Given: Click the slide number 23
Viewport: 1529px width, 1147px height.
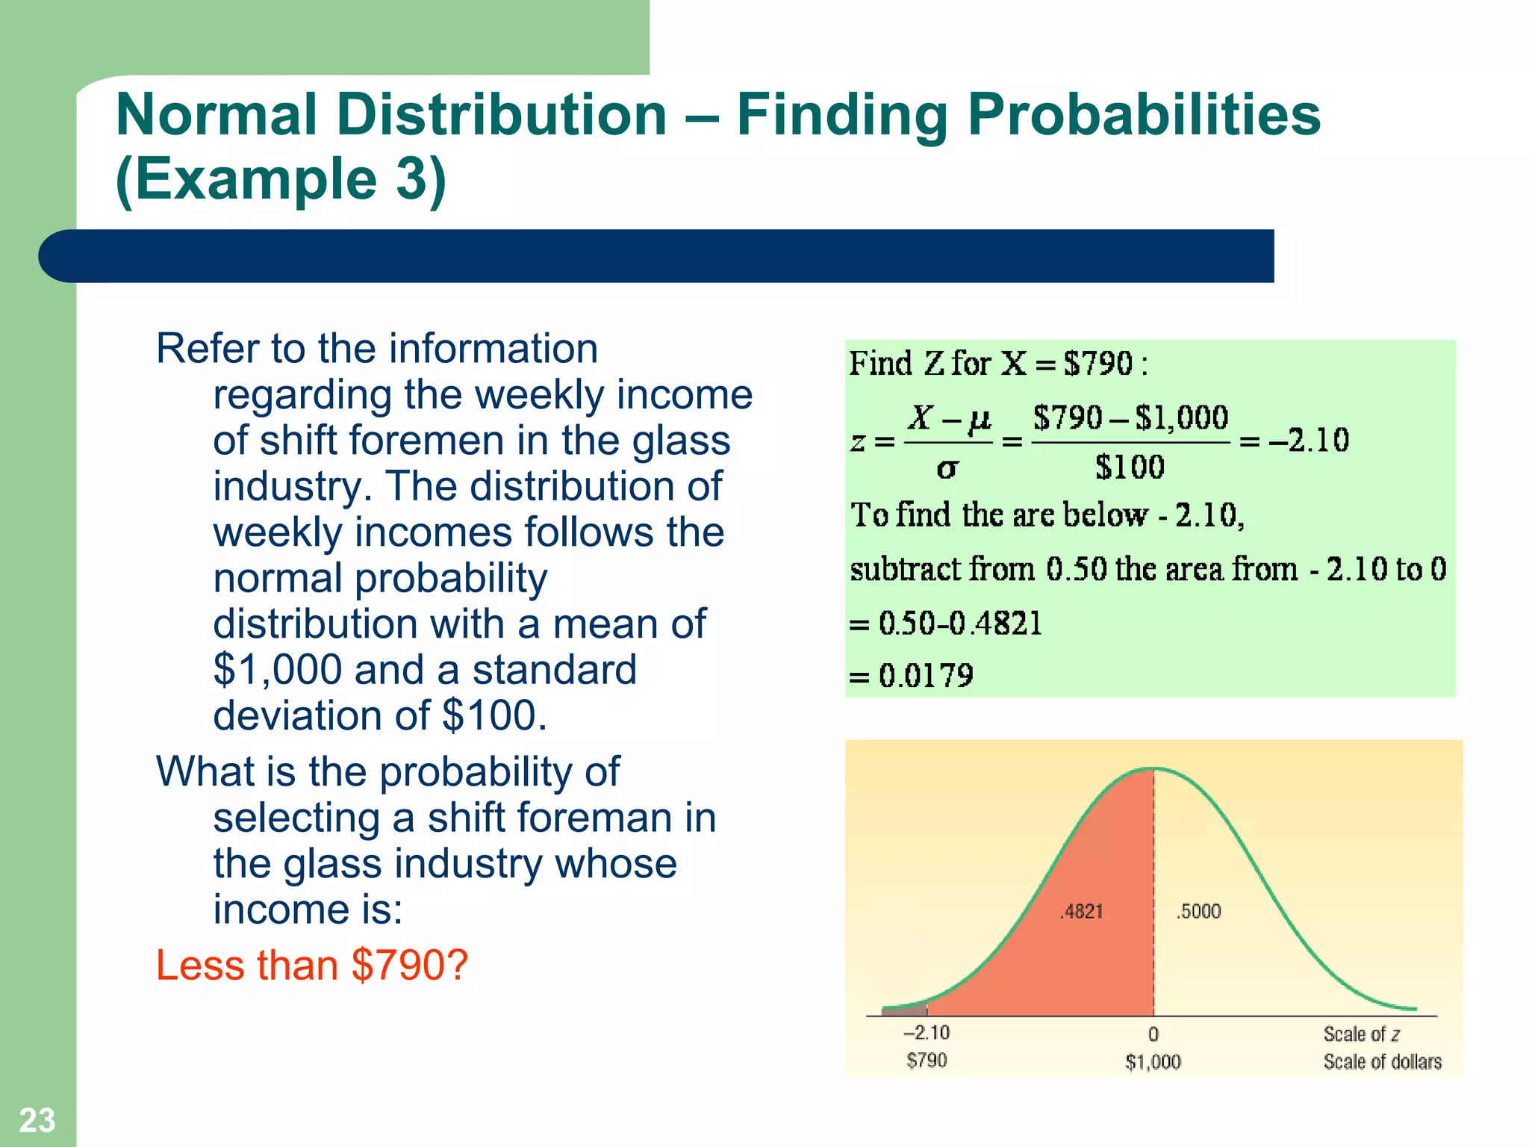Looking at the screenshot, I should pyautogui.click(x=37, y=1120).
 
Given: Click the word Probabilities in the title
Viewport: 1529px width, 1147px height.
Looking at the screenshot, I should pyautogui.click(x=1143, y=115).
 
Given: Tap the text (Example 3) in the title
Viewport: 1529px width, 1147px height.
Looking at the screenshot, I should pyautogui.click(x=281, y=179).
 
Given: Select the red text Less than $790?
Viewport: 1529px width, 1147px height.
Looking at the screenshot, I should pyautogui.click(x=312, y=965).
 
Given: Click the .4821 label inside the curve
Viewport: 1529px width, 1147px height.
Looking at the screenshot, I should pyautogui.click(x=1081, y=911).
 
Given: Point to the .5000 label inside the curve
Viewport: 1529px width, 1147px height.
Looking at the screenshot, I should pyautogui.click(x=1198, y=911).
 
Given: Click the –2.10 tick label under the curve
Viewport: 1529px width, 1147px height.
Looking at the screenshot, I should pyautogui.click(x=927, y=1033).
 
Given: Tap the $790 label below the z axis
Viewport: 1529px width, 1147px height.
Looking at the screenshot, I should pyautogui.click(x=927, y=1060).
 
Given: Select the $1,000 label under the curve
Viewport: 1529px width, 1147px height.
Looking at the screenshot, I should pyautogui.click(x=1153, y=1062).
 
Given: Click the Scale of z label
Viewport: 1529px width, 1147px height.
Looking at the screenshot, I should pyautogui.click(x=1361, y=1034).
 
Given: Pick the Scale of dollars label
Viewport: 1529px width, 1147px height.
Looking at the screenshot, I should pyautogui.click(x=1382, y=1062).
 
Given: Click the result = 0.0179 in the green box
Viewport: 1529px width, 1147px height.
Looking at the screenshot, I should pyautogui.click(x=912, y=676).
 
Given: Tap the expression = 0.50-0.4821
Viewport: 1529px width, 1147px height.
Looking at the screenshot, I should pyautogui.click(x=946, y=623).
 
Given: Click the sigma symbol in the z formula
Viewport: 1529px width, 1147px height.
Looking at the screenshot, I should pyautogui.click(x=947, y=469).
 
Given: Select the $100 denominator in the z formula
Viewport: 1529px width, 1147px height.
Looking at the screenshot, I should pyautogui.click(x=1130, y=467).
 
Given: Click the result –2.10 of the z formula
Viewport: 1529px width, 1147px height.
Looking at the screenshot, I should pyautogui.click(x=1309, y=441).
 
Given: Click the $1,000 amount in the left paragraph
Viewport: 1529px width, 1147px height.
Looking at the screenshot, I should pyautogui.click(x=277, y=670).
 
